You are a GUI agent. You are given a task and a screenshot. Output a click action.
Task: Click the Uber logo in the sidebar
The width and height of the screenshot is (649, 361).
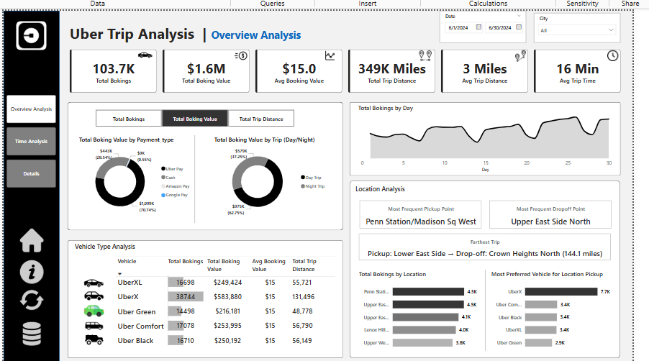(x=31, y=35)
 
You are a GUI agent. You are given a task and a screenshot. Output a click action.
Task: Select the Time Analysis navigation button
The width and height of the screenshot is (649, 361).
(x=31, y=141)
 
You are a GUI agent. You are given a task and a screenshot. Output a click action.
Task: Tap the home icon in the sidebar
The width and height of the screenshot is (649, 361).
(x=32, y=241)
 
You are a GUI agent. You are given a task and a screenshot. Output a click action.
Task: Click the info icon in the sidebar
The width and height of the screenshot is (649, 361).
(x=32, y=271)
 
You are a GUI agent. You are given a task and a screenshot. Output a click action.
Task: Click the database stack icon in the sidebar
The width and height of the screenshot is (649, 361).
(x=32, y=334)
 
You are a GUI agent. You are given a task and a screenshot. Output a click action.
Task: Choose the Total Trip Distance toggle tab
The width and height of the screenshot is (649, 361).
(x=261, y=119)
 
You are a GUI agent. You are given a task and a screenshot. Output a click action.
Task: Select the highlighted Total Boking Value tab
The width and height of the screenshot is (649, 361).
(x=195, y=119)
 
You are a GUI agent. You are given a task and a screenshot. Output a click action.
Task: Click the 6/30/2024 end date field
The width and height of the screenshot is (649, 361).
(x=499, y=28)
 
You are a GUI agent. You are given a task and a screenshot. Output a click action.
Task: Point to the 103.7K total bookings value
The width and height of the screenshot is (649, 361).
(x=114, y=69)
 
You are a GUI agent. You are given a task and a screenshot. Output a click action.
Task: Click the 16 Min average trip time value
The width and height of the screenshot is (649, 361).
(x=577, y=69)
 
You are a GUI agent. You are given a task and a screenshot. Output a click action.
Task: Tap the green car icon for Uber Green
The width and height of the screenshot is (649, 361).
(x=94, y=311)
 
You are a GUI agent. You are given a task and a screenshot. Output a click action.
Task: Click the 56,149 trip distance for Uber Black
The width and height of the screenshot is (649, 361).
(x=302, y=340)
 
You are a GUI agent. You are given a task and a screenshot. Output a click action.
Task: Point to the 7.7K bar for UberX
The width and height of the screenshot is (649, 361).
(x=561, y=291)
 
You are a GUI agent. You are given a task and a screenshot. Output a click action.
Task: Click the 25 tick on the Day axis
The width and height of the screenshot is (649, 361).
(x=568, y=163)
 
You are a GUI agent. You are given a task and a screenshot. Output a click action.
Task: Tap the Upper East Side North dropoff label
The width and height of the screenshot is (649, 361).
(x=550, y=221)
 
